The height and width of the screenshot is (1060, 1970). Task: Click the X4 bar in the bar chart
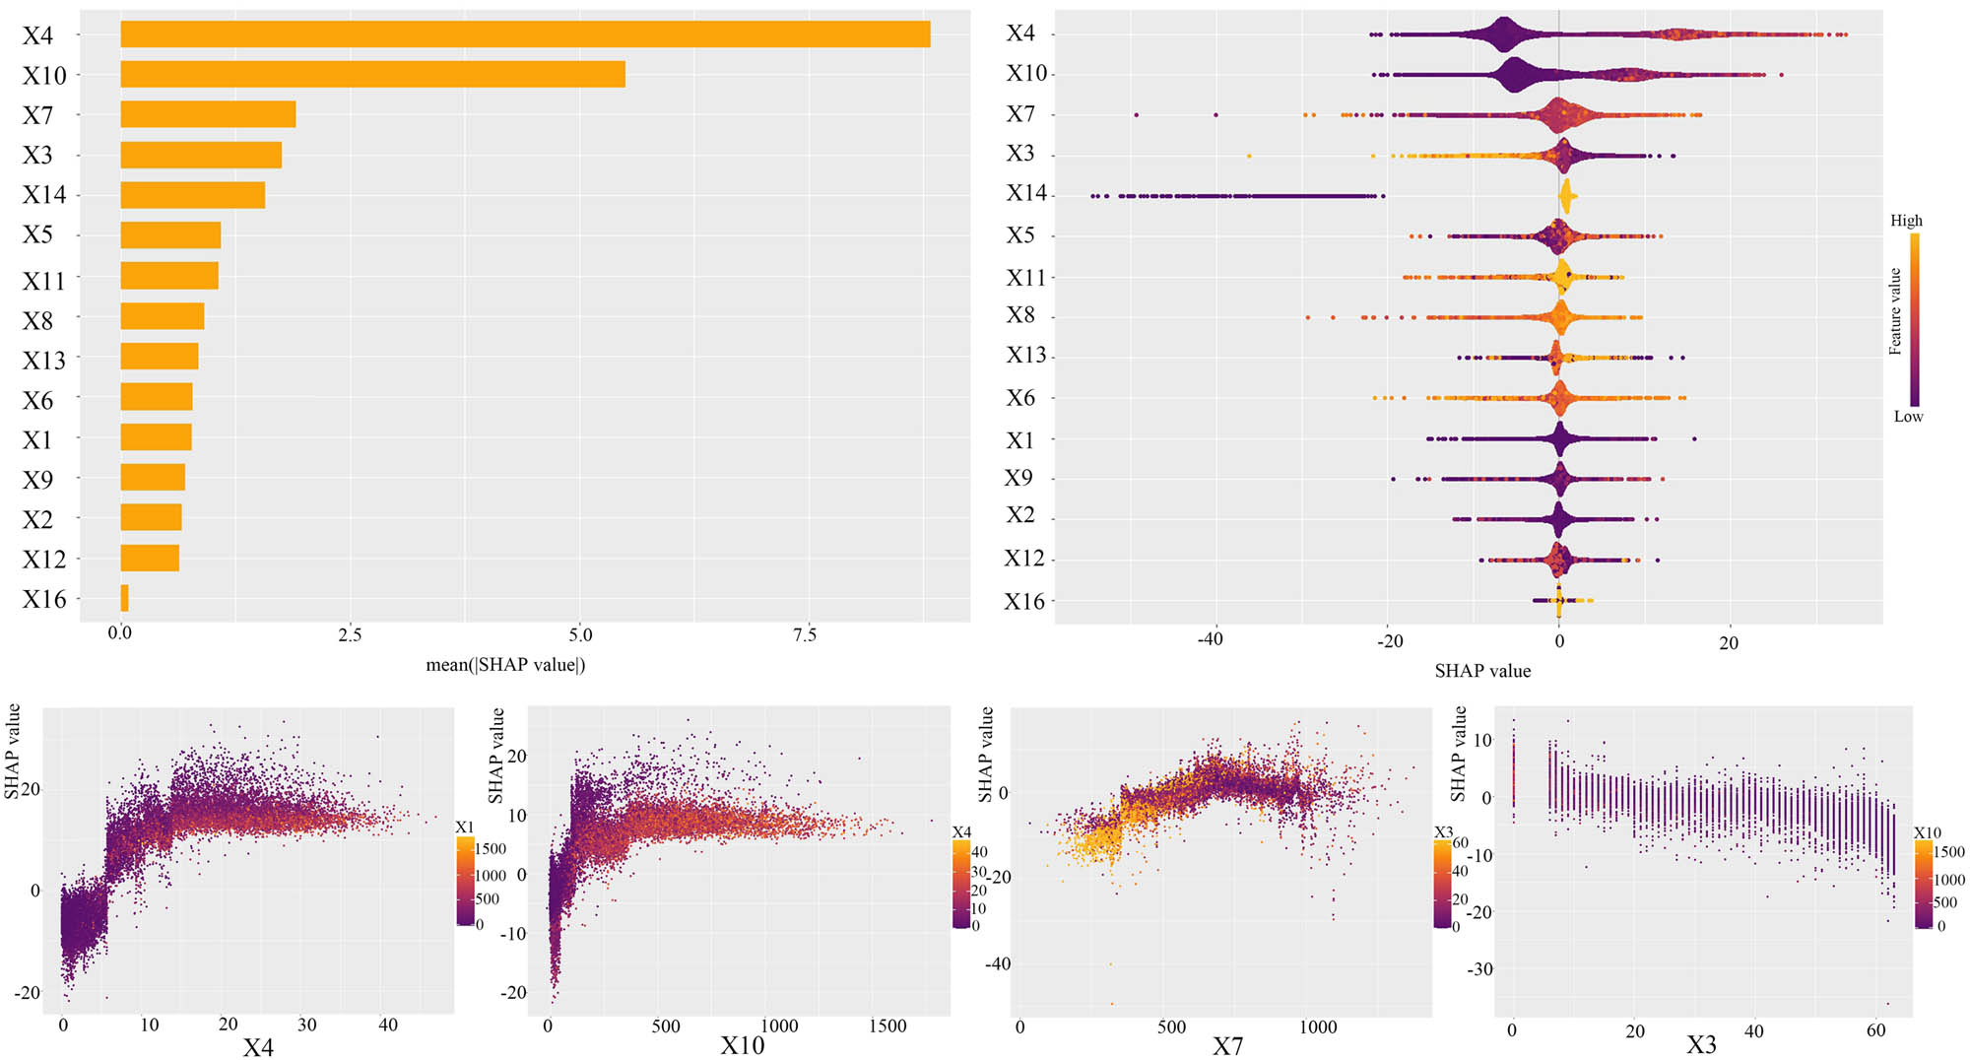tap(525, 34)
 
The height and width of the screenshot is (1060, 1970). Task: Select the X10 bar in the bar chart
tap(372, 75)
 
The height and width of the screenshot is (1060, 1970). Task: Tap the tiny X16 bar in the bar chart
tap(124, 598)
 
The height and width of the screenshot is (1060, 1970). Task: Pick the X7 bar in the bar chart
tap(208, 114)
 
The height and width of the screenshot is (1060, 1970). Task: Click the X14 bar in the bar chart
tap(192, 195)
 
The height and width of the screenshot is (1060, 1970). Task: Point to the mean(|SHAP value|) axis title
tap(505, 665)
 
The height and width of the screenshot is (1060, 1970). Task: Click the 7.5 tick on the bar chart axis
tap(805, 634)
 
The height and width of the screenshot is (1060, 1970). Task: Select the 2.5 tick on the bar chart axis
tap(350, 634)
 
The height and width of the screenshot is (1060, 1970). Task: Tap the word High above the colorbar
tap(1906, 221)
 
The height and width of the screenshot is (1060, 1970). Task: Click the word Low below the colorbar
tap(1908, 417)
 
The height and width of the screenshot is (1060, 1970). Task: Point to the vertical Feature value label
tap(1895, 311)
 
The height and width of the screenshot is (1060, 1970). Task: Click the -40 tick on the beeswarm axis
tap(1210, 640)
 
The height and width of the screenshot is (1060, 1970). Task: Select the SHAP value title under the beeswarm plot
tap(1482, 671)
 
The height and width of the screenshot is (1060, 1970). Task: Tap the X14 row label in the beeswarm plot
tap(1025, 193)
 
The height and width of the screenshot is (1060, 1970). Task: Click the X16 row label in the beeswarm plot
tap(1023, 601)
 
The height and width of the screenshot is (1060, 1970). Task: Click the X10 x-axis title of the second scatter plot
tap(742, 1045)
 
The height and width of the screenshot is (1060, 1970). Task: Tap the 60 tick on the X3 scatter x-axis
tap(1875, 1030)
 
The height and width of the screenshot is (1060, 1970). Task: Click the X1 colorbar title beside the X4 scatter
tap(465, 828)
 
